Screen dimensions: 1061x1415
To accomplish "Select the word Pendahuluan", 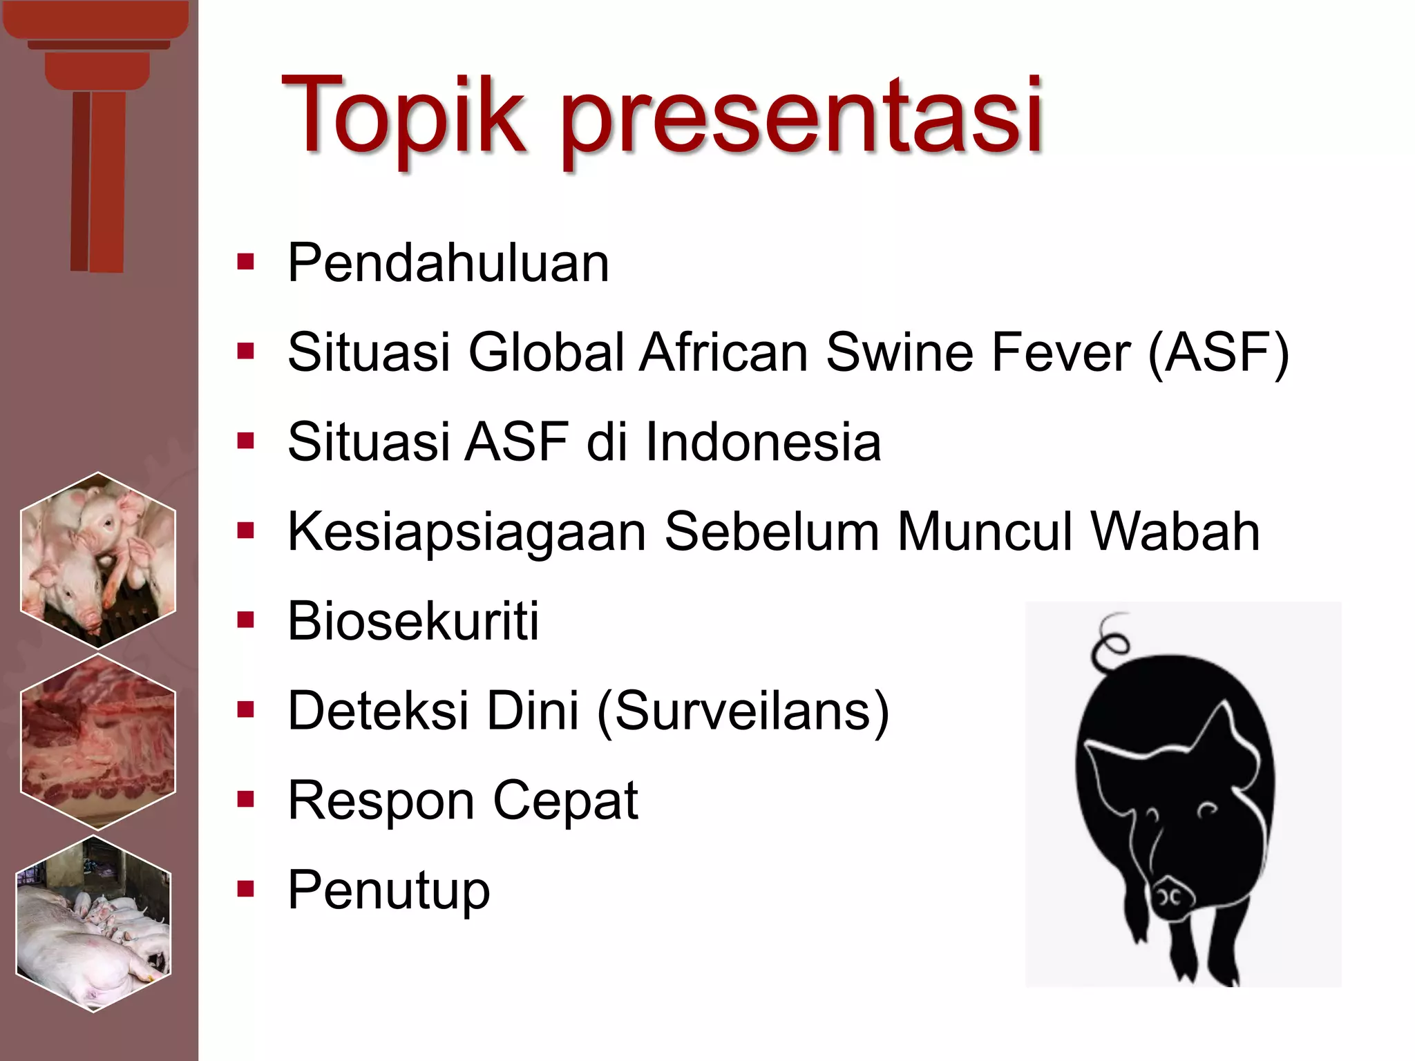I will coord(448,263).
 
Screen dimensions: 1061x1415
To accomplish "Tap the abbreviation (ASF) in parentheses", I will coord(1218,352).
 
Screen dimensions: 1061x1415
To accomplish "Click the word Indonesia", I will coord(763,442).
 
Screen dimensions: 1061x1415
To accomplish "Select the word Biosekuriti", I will coord(413,621).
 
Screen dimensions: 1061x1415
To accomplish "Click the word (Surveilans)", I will coord(743,711).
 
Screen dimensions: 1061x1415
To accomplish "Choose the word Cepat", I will coord(565,802).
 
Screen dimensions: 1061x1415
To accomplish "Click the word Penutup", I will coord(388,891).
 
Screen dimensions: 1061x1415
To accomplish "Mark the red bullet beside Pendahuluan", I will coord(245,263).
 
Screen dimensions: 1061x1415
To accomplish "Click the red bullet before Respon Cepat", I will coord(245,801).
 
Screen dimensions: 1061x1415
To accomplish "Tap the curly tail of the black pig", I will coord(1109,642).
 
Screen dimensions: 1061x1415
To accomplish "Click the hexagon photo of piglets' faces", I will coord(97,560).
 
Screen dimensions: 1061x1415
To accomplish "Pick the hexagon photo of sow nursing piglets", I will coord(94,924).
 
